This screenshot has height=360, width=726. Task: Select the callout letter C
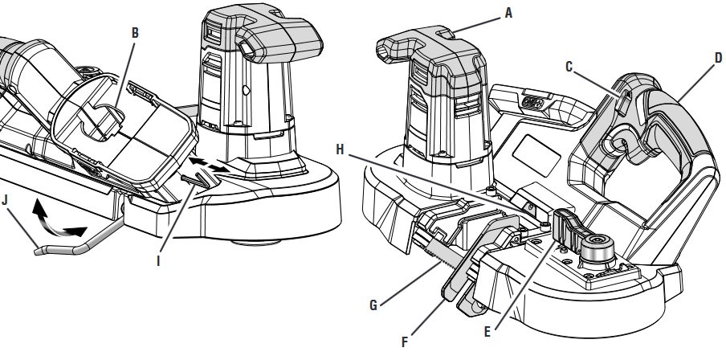[x=569, y=67]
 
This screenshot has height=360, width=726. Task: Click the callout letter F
[x=405, y=342]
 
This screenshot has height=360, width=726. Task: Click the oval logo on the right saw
[x=530, y=103]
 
